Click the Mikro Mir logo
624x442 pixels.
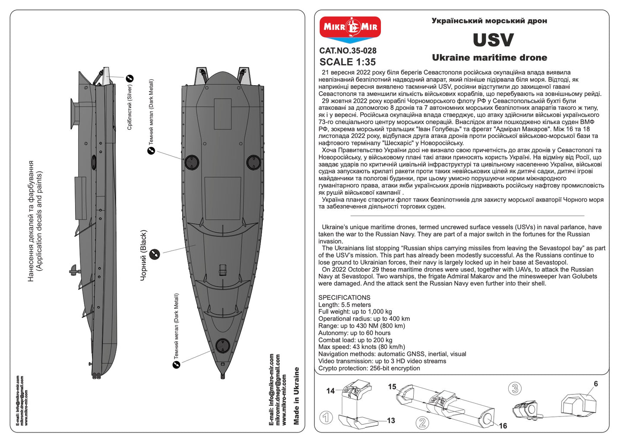[x=350, y=29]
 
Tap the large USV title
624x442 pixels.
[x=493, y=40]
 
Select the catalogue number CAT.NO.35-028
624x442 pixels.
[x=348, y=51]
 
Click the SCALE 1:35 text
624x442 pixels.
[x=348, y=62]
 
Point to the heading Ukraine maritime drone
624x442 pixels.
[x=489, y=58]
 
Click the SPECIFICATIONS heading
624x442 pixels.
[x=344, y=298]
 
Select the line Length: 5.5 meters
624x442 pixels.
[x=344, y=305]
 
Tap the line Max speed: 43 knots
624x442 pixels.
[x=361, y=347]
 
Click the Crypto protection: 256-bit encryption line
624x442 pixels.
[x=369, y=368]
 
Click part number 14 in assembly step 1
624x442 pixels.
[x=330, y=391]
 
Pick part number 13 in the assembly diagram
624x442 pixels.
[x=391, y=421]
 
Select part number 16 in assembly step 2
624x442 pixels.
[x=503, y=426]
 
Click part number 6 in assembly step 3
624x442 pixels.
[x=596, y=384]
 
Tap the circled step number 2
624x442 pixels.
[x=422, y=423]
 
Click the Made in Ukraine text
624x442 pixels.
[x=296, y=396]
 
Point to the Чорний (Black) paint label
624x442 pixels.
[x=144, y=255]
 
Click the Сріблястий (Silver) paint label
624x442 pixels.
[x=130, y=107]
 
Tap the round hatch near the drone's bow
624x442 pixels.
[x=222, y=346]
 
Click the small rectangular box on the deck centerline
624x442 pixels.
[x=222, y=269]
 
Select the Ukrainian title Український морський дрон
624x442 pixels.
[x=489, y=21]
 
